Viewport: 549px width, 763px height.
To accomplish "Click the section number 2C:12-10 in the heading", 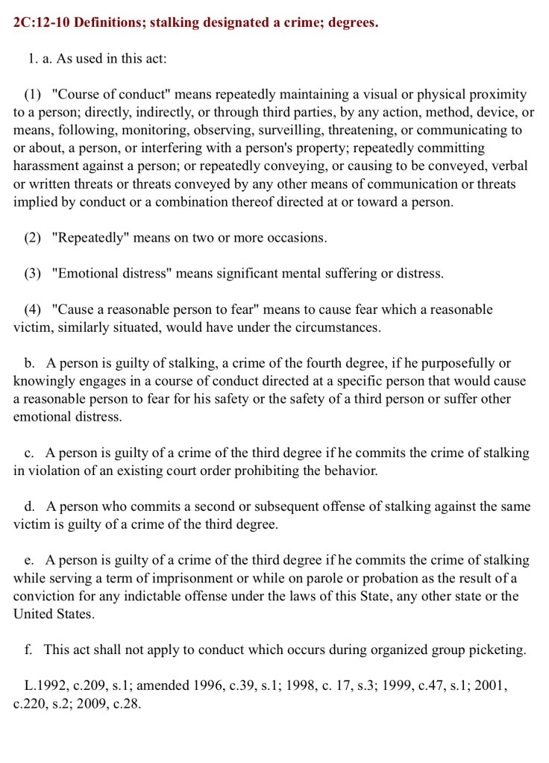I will click(43, 22).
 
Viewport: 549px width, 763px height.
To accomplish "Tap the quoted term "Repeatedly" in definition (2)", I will click(91, 238).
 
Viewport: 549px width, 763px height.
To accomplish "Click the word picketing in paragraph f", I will click(495, 650).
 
